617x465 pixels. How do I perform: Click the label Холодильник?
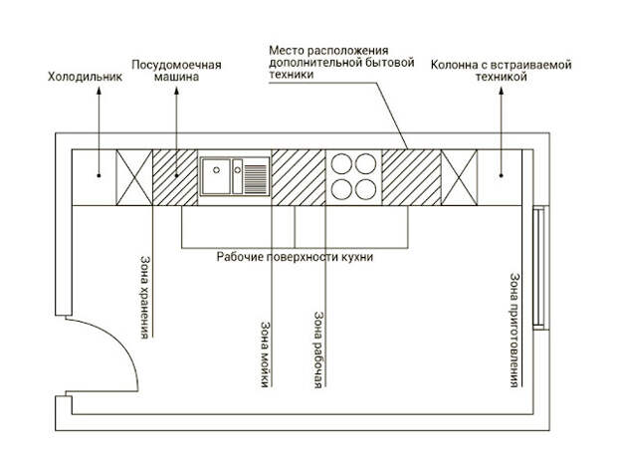point(85,77)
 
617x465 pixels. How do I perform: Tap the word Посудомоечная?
point(176,65)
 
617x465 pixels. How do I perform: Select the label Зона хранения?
point(145,298)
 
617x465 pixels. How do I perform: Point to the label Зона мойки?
point(266,354)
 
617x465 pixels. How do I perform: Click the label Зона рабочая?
point(319,350)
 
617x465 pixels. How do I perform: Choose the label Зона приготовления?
point(514,330)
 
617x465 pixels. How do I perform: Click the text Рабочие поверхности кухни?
point(295,258)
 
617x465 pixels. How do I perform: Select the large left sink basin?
point(215,177)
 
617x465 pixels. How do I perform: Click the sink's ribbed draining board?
point(256,176)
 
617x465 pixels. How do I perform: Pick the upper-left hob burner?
point(341,163)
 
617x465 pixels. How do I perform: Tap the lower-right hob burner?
point(365,189)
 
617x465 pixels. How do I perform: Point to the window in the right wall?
point(539,267)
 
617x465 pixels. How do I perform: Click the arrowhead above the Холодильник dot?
point(99,91)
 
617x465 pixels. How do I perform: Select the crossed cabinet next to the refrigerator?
point(134,177)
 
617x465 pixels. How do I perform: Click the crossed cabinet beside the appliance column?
point(459,177)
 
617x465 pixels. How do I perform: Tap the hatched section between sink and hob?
point(299,177)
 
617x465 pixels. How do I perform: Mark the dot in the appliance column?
point(502,175)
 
